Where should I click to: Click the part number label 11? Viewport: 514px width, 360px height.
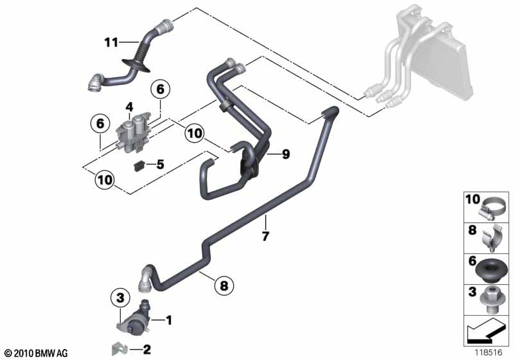click(111, 42)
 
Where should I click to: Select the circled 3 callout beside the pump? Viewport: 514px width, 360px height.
click(120, 298)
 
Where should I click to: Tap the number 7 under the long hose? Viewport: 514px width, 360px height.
click(265, 236)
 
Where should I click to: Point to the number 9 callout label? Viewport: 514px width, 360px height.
click(286, 154)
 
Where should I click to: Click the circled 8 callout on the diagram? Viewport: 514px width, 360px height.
click(224, 285)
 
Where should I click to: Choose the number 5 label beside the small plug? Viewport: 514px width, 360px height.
click(160, 164)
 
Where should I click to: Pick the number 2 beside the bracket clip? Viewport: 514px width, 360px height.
click(146, 350)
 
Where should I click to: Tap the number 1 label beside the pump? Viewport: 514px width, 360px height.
click(168, 320)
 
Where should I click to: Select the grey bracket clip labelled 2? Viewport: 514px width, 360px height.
click(120, 349)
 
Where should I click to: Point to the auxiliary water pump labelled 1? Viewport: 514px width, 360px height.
click(134, 319)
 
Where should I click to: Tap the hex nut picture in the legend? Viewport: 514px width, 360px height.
click(490, 300)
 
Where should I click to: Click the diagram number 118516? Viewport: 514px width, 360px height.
click(489, 353)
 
